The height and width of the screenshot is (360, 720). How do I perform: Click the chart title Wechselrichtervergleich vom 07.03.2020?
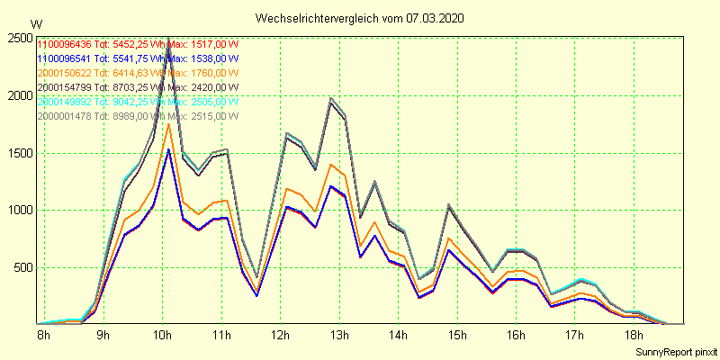(x=360, y=18)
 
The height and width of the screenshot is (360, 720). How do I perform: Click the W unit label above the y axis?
(x=35, y=23)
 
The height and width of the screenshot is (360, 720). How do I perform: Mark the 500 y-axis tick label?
(x=24, y=268)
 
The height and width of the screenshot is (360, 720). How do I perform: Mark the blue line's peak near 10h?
(x=168, y=148)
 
